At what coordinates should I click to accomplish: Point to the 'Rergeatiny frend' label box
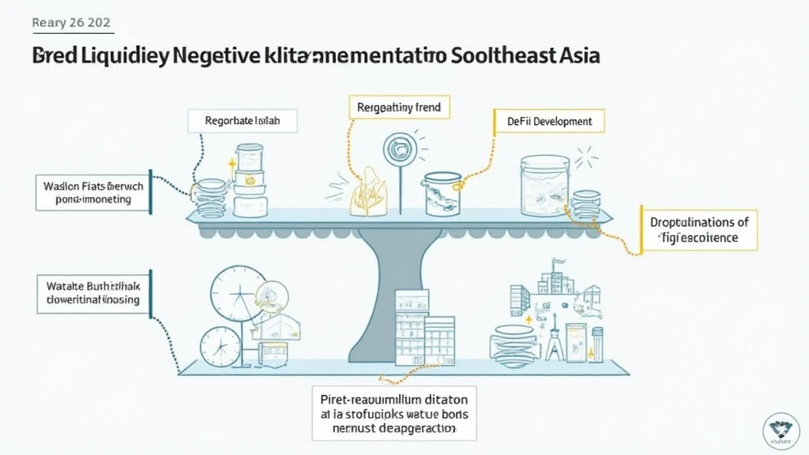click(399, 107)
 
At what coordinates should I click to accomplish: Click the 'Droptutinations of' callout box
click(698, 229)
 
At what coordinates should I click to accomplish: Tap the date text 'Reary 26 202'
click(72, 22)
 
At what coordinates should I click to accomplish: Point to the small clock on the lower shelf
click(214, 347)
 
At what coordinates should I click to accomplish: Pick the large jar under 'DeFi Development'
click(545, 183)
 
